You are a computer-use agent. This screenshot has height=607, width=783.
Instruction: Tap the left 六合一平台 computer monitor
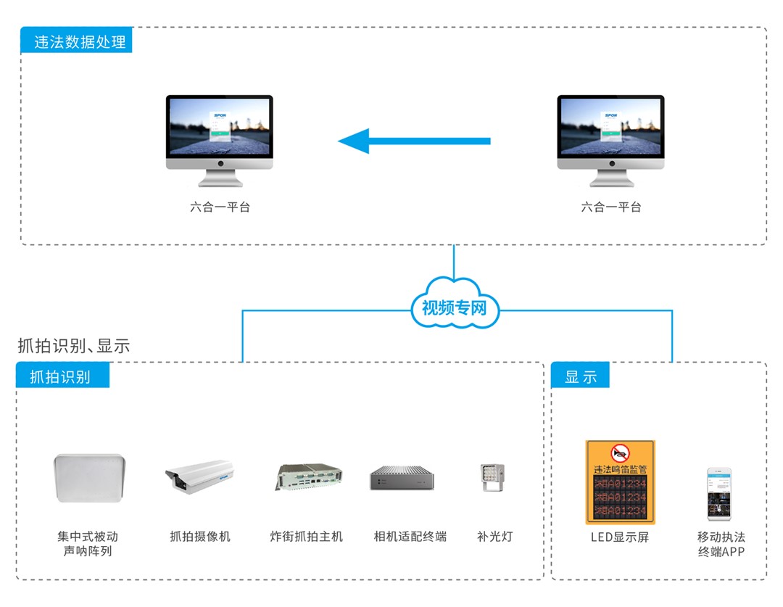[219, 134]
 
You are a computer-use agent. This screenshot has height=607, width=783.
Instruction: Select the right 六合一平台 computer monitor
[610, 134]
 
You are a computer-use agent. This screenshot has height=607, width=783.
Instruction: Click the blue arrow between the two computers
[414, 141]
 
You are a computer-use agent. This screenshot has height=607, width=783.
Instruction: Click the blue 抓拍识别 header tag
[62, 376]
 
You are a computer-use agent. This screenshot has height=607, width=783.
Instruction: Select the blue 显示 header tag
[580, 376]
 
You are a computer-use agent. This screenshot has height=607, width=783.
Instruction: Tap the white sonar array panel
[90, 478]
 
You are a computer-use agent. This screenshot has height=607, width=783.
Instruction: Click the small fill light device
[493, 478]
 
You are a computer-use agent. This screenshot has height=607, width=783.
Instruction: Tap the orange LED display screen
[620, 482]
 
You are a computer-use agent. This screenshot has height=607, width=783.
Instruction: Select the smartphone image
[719, 494]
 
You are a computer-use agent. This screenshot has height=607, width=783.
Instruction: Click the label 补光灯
[494, 537]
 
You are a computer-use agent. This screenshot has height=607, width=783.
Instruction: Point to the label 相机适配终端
[410, 537]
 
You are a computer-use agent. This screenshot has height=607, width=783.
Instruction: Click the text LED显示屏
[620, 537]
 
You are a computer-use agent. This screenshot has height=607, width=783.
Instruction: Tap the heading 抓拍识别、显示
[74, 346]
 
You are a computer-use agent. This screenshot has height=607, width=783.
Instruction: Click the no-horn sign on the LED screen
[620, 454]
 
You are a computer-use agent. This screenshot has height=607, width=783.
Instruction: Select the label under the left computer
[220, 207]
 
